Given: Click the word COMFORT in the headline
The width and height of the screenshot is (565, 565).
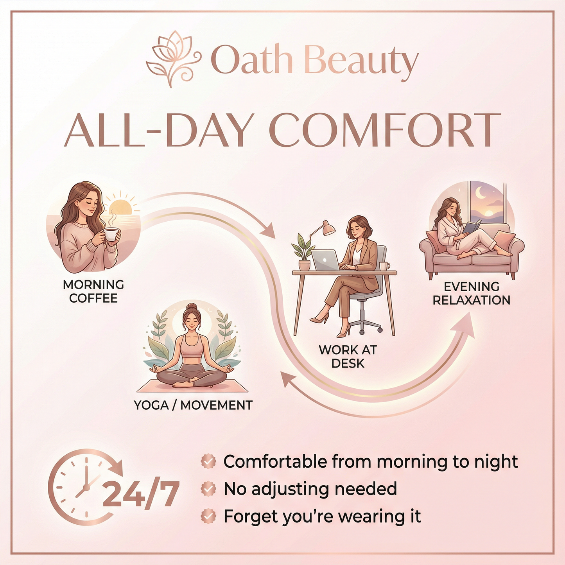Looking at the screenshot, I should tap(385, 130).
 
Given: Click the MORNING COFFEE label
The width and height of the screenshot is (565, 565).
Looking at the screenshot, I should tap(93, 291).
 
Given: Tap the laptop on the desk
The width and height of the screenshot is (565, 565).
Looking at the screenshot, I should tap(326, 260).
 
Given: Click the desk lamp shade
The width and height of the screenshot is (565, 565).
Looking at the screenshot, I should tap(328, 228).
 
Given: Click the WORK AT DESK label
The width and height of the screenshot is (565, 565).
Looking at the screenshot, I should tap(348, 356).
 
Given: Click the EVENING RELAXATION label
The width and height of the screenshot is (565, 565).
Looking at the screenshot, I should tap(472, 293).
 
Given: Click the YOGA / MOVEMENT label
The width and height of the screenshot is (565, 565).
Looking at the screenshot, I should tap(193, 405).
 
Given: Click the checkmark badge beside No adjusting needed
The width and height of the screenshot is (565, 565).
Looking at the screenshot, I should tap(208, 489).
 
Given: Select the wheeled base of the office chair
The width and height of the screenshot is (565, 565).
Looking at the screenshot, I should tap(365, 324).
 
